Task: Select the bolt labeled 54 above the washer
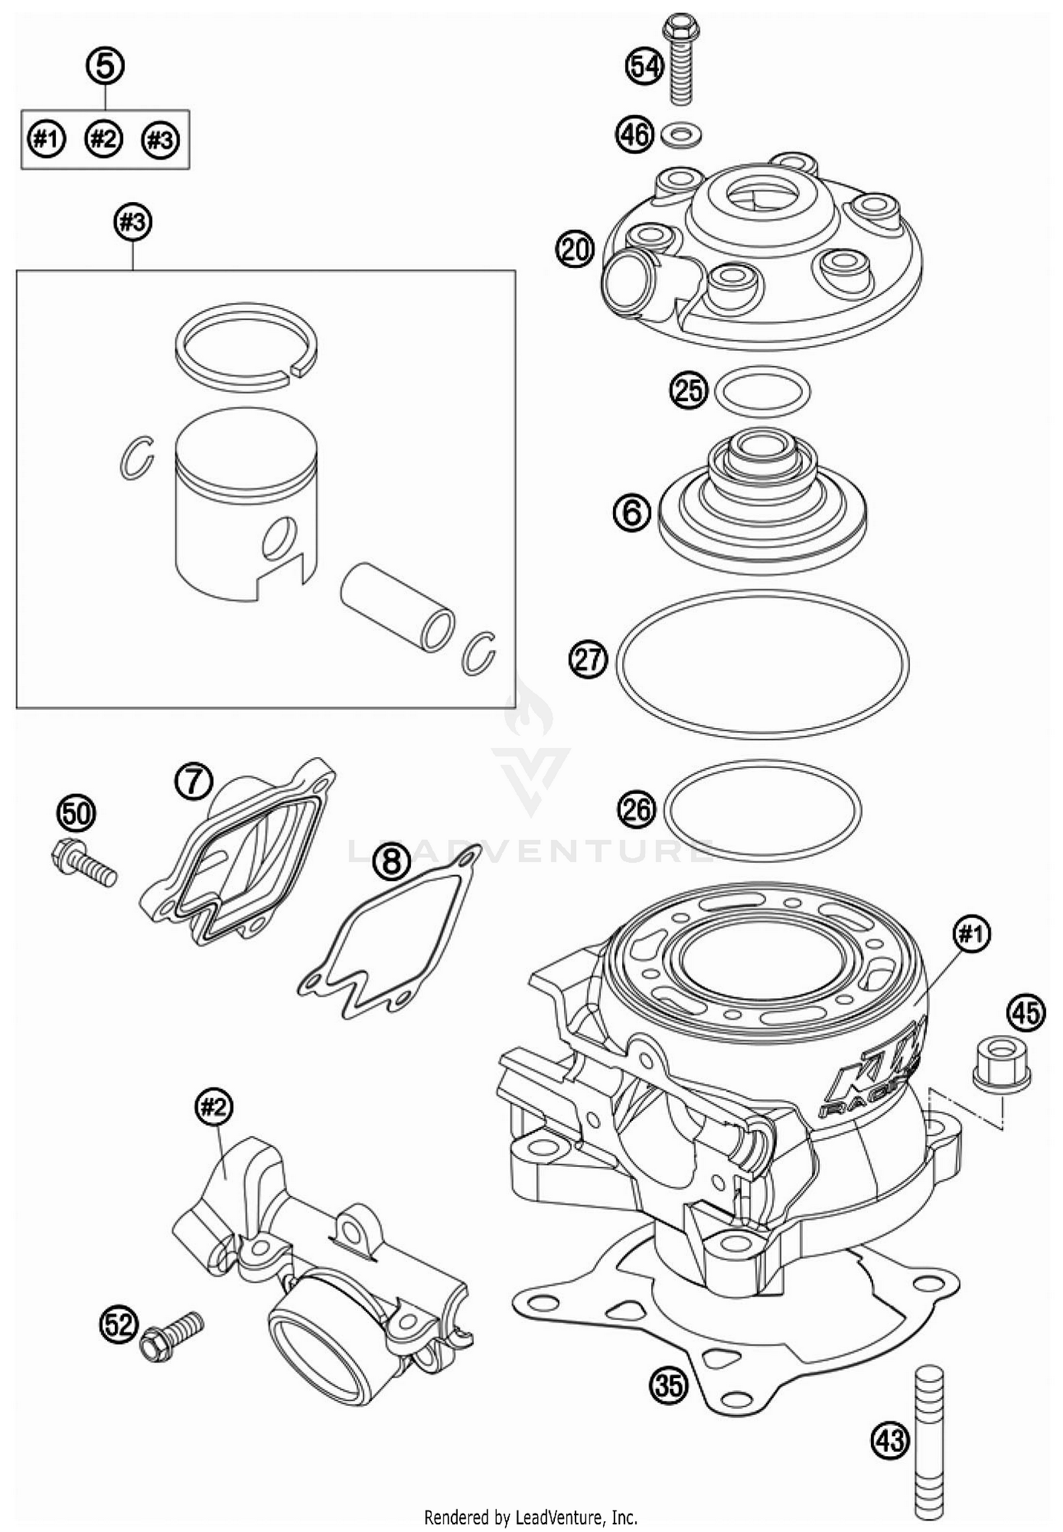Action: pyautogui.click(x=681, y=60)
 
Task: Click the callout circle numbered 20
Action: pyautogui.click(x=574, y=251)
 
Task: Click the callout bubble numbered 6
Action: pyautogui.click(x=631, y=512)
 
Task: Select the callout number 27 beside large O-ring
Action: pyautogui.click(x=588, y=660)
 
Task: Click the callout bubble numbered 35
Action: pyautogui.click(x=669, y=1384)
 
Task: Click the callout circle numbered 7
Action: pyautogui.click(x=194, y=783)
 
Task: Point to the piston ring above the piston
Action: pyautogui.click(x=247, y=345)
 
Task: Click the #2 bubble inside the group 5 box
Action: pyautogui.click(x=103, y=139)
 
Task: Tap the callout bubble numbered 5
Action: pyautogui.click(x=105, y=67)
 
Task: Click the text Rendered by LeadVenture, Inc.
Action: pyautogui.click(x=531, y=1518)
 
